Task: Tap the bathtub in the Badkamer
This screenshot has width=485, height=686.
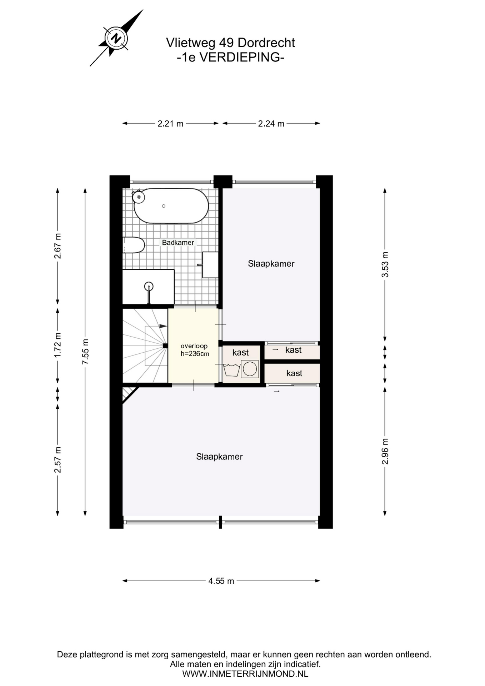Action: [x=171, y=206]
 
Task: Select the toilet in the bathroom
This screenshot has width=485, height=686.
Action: [x=134, y=245]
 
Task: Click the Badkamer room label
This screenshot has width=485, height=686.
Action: [x=178, y=243]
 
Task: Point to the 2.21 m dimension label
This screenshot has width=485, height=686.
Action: [x=170, y=124]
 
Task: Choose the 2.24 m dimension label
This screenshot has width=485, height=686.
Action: [x=271, y=124]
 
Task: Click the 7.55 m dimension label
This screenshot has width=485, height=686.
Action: [x=85, y=352]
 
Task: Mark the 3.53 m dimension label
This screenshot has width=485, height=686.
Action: [x=385, y=264]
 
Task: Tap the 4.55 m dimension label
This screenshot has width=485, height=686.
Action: [x=221, y=581]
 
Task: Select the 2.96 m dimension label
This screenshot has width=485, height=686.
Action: [x=385, y=451]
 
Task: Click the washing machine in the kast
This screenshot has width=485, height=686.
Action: [x=250, y=369]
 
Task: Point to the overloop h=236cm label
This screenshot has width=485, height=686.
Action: [x=195, y=350]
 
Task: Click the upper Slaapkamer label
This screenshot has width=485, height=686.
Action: [x=271, y=264]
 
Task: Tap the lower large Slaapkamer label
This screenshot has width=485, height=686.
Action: [x=219, y=457]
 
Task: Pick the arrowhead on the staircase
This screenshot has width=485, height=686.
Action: [x=163, y=326]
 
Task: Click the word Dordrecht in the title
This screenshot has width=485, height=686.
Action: [x=266, y=43]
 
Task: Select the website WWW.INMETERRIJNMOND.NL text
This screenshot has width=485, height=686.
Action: [x=245, y=674]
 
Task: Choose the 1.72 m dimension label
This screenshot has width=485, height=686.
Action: [x=58, y=345]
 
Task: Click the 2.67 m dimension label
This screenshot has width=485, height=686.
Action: [x=58, y=246]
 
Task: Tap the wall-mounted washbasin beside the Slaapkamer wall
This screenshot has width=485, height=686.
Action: [x=210, y=265]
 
